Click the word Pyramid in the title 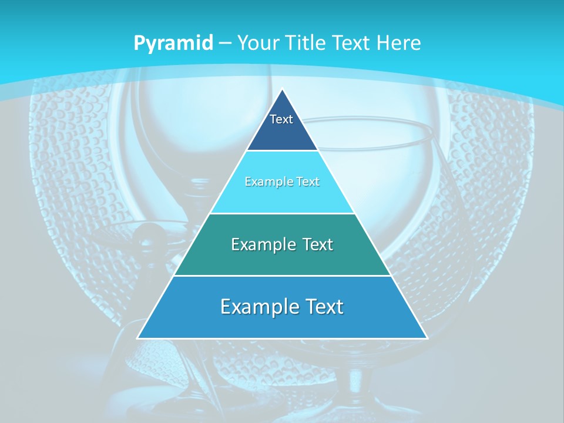173,43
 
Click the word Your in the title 258,43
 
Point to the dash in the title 225,43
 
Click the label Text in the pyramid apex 281,119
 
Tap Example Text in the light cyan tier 282,182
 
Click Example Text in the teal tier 282,244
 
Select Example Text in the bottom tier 282,306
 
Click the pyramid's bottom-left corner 138,338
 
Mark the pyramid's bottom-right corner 427,338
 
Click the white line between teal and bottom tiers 282,276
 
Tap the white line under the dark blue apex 282,151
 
